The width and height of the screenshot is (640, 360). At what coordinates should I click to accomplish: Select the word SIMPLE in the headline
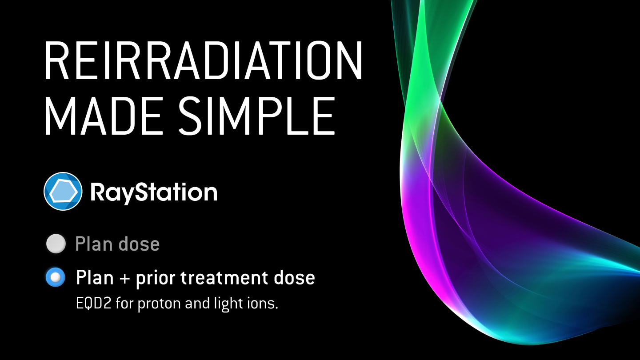tap(256, 116)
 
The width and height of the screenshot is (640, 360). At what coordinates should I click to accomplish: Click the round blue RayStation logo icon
tap(63, 191)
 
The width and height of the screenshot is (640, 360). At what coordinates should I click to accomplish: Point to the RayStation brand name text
tap(154, 192)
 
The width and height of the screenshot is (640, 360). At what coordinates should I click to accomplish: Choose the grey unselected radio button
tap(56, 244)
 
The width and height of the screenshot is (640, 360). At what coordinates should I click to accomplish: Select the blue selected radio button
tap(56, 277)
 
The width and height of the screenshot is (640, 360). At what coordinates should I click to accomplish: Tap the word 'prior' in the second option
tap(156, 278)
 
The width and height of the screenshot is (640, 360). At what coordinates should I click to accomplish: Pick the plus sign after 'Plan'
tap(124, 278)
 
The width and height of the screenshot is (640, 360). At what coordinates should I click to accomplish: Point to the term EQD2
tap(93, 303)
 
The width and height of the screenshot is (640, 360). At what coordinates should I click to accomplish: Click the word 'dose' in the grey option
tap(139, 244)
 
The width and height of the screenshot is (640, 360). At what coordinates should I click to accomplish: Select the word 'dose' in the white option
tap(294, 277)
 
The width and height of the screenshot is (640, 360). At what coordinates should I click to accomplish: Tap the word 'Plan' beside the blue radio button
tap(95, 277)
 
